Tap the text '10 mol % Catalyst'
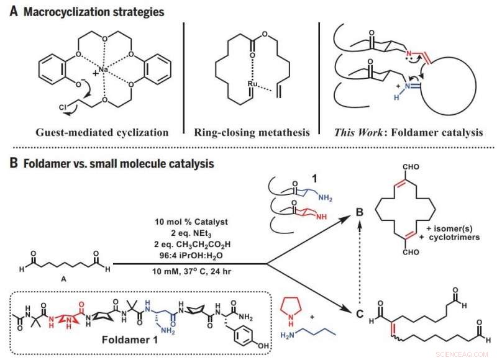188,222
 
